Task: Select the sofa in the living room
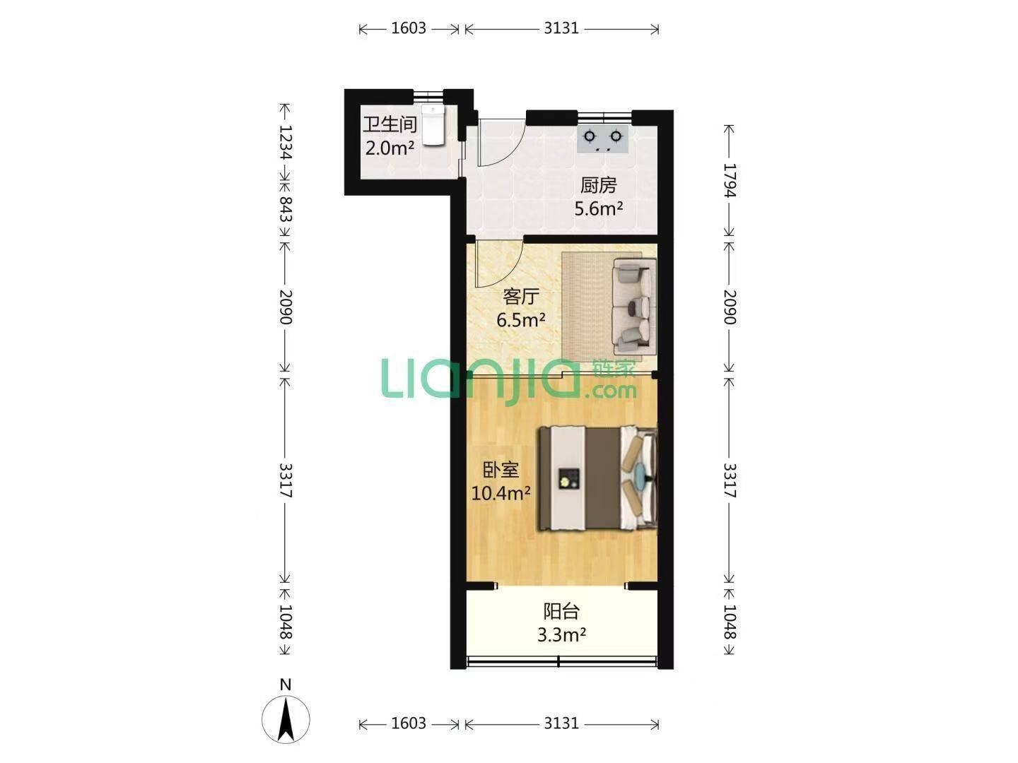pyautogui.click(x=634, y=307)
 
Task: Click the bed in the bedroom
pyautogui.click(x=597, y=478)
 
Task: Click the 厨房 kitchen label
pyautogui.click(x=598, y=185)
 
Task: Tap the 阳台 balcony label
pyautogui.click(x=561, y=612)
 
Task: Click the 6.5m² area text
pyautogui.click(x=521, y=319)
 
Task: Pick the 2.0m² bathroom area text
pyautogui.click(x=390, y=148)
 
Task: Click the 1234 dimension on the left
pyautogui.click(x=285, y=142)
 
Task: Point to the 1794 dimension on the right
pyautogui.click(x=730, y=181)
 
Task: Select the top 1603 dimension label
pyautogui.click(x=409, y=28)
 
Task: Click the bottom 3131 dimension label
pyautogui.click(x=561, y=723)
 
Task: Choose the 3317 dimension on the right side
pyautogui.click(x=730, y=480)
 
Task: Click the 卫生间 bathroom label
pyautogui.click(x=390, y=124)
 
